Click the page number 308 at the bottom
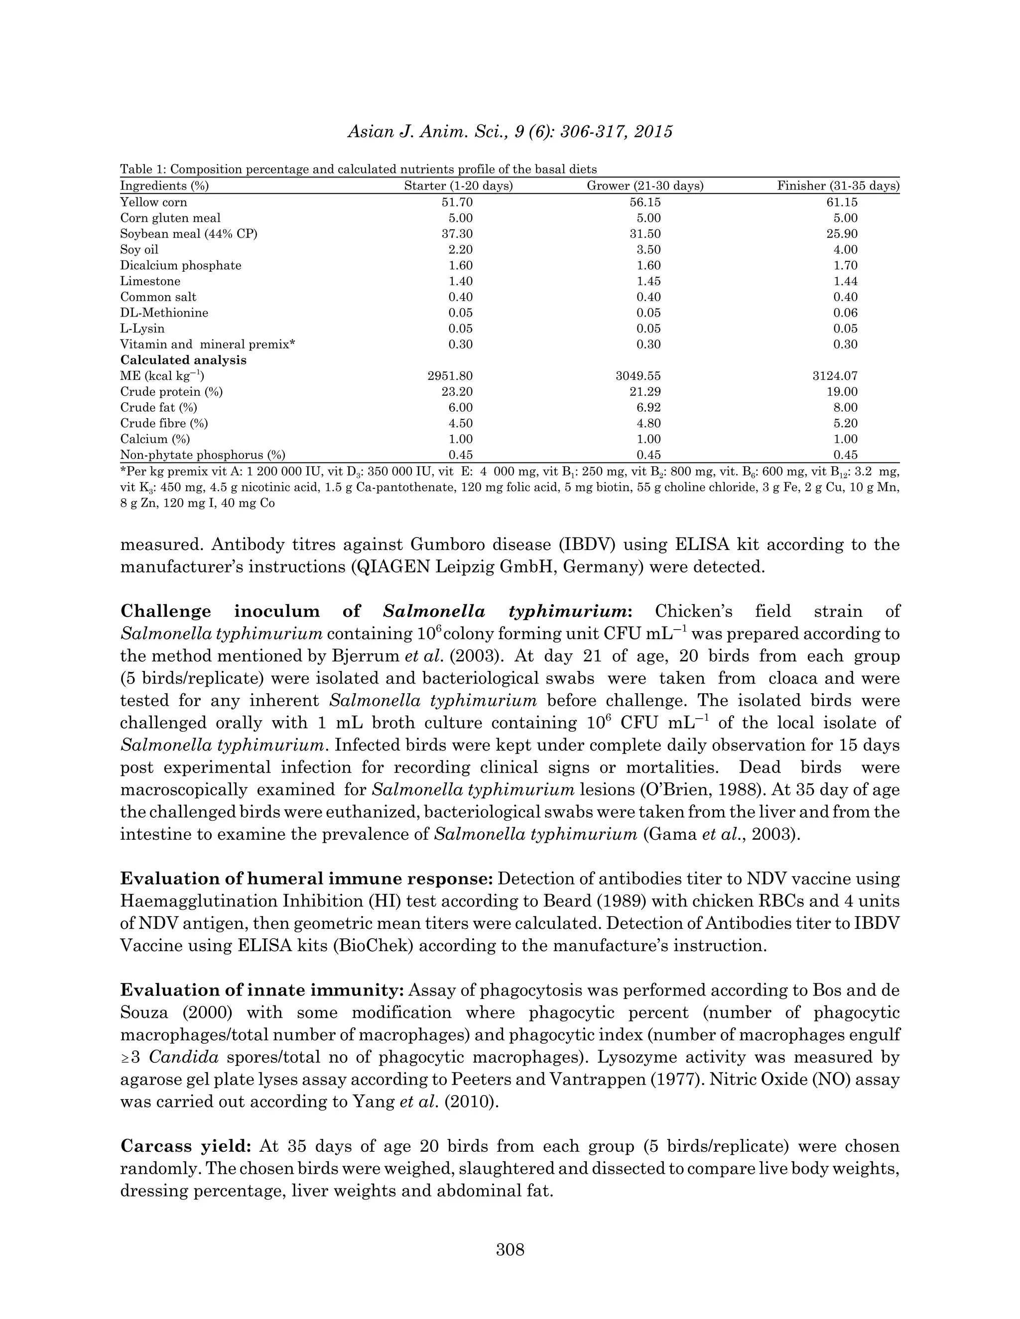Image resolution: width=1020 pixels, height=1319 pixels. tap(510, 1249)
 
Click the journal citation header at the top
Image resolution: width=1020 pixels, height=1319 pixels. tap(510, 132)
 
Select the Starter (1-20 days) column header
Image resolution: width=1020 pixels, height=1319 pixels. tap(458, 186)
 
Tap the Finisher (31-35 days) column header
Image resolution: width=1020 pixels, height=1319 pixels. tap(838, 186)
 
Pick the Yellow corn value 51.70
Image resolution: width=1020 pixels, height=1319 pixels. tap(458, 202)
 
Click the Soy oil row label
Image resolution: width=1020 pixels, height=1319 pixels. tap(139, 249)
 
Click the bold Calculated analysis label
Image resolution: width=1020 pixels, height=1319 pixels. tap(184, 360)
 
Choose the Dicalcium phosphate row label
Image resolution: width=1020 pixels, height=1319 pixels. tap(181, 266)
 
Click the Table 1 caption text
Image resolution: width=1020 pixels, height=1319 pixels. tap(358, 169)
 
